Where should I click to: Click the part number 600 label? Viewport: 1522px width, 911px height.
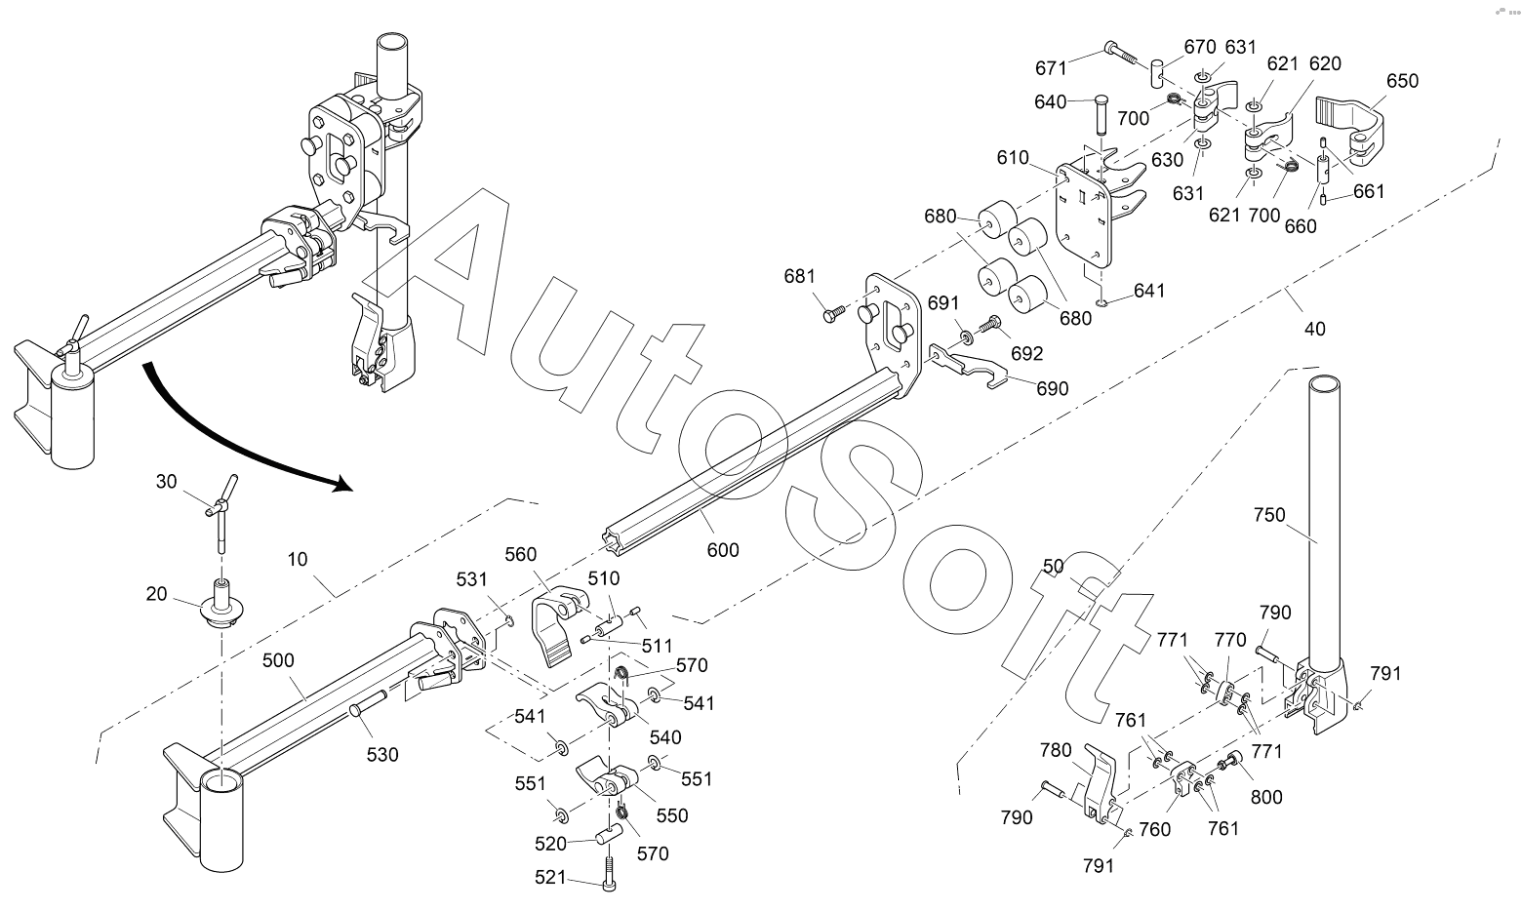(722, 549)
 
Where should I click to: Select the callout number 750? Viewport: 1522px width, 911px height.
(1270, 515)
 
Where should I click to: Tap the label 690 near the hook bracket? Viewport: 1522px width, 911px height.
(1053, 388)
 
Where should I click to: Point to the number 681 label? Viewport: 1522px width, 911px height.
(800, 276)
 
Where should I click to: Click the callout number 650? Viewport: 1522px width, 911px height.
(1402, 81)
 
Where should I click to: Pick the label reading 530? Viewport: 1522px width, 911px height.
(382, 755)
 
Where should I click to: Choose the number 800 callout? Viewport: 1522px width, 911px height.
(1266, 797)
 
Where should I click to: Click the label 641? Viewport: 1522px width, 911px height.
(1149, 291)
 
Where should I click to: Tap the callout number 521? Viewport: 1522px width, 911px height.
(550, 878)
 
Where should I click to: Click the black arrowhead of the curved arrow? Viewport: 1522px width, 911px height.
(343, 483)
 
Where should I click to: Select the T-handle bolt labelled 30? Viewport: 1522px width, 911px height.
(221, 514)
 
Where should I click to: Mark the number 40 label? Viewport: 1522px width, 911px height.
(1315, 330)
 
